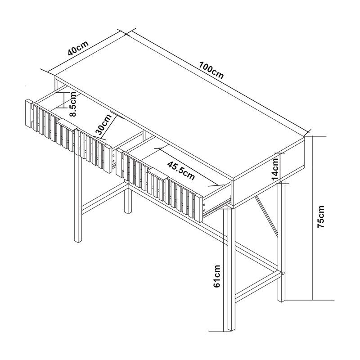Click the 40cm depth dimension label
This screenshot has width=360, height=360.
point(78,48)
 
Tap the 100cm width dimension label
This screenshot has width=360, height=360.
point(211,70)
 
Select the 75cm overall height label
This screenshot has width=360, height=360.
point(320,216)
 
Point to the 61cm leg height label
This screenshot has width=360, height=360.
point(217,276)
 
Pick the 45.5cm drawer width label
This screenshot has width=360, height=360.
point(181,171)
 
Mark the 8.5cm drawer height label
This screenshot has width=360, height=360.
point(73,104)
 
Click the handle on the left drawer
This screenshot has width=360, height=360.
point(67,125)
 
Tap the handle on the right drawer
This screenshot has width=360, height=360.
point(158,175)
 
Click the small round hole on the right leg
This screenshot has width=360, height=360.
point(283,274)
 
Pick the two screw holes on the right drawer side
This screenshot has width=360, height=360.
point(204,207)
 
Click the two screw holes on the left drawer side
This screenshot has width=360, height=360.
point(113,158)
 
